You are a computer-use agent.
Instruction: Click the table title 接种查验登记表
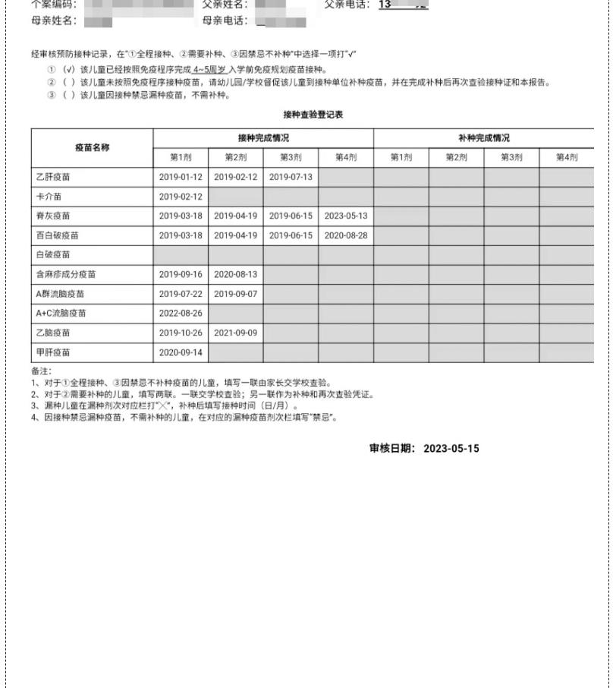[x=313, y=115]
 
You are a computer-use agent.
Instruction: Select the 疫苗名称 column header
[x=92, y=147]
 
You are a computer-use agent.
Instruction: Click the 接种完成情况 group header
[x=263, y=138]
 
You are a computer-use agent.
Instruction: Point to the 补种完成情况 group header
[x=484, y=138]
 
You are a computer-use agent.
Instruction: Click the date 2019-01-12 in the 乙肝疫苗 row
[x=181, y=177]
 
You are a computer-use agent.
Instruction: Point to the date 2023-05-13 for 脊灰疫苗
[x=346, y=216]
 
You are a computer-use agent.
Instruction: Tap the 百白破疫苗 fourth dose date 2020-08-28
[x=346, y=235]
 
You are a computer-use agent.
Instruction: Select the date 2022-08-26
[x=181, y=313]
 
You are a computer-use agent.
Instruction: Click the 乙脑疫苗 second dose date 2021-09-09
[x=236, y=333]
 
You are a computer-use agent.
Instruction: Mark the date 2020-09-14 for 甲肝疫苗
[x=181, y=352]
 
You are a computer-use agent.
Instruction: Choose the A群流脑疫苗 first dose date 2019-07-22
[x=181, y=294]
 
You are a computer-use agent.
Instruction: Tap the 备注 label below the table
[x=40, y=371]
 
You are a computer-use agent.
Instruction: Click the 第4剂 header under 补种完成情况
[x=566, y=157]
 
